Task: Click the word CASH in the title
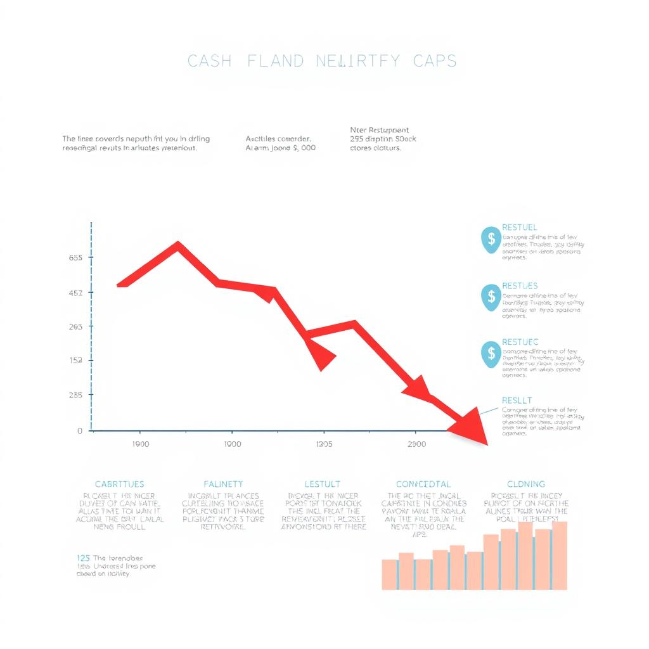[x=209, y=61]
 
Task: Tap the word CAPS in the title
[x=434, y=61]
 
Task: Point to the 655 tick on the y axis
[x=75, y=258]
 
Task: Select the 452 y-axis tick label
[x=75, y=293]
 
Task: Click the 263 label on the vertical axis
[x=75, y=326]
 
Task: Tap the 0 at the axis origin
[x=80, y=431]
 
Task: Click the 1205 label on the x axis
[x=323, y=444]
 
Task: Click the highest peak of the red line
[x=178, y=245]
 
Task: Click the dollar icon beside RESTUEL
[x=491, y=240]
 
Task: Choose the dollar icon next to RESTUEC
[x=491, y=354]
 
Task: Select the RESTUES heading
[x=520, y=286]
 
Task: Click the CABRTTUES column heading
[x=119, y=484]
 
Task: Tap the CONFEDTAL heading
[x=423, y=484]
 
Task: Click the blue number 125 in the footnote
[x=83, y=558]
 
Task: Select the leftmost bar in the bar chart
[x=389, y=574]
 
